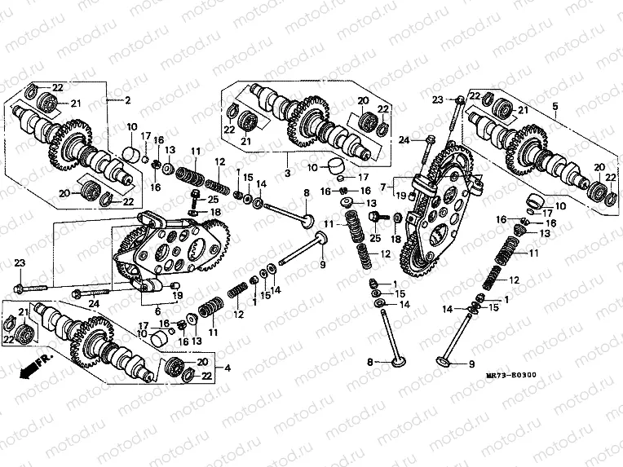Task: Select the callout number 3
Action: coord(287,174)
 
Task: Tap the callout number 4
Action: coord(227,368)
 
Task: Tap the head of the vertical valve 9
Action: coord(447,361)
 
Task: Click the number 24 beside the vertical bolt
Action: coord(402,140)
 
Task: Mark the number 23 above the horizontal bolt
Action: coord(19,261)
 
